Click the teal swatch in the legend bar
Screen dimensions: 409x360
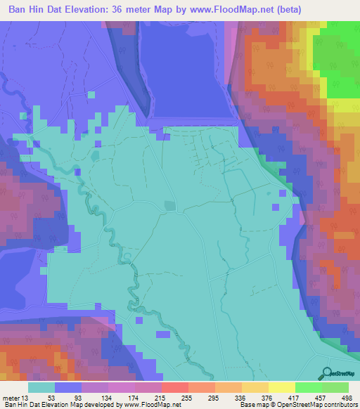coord(41,387)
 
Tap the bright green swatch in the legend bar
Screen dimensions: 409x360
coord(308,387)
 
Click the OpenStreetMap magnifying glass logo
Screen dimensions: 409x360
coord(328,373)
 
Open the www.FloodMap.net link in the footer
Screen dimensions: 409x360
coord(150,405)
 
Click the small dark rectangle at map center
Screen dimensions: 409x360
coord(168,205)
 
